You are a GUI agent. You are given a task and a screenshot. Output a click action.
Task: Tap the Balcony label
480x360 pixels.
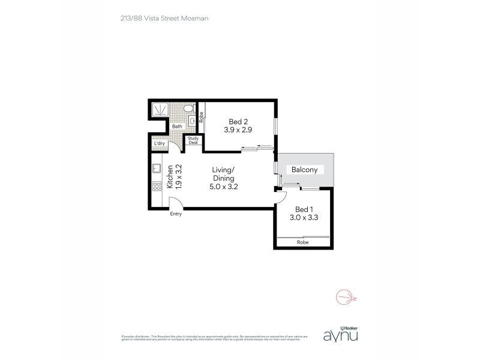tap(304, 170)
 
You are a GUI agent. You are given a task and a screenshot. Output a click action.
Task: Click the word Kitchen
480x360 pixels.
tap(170, 178)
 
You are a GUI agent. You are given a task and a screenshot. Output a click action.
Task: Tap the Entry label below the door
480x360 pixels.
tap(176, 214)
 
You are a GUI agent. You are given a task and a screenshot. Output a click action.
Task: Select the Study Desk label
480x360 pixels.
tap(193, 141)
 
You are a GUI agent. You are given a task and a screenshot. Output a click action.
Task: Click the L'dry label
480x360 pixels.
tap(160, 143)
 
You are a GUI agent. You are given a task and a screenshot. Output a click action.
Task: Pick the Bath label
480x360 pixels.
tap(177, 127)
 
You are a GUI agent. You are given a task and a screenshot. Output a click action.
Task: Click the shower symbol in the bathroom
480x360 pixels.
tap(160, 110)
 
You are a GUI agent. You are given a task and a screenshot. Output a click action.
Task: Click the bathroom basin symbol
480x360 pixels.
tap(193, 121)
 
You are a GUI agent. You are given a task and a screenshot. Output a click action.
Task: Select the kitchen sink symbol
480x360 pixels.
tap(155, 169)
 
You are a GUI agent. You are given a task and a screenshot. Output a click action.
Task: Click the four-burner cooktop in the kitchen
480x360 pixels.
tap(156, 186)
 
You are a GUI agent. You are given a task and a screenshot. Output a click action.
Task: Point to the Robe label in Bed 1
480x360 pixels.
tap(302, 242)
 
